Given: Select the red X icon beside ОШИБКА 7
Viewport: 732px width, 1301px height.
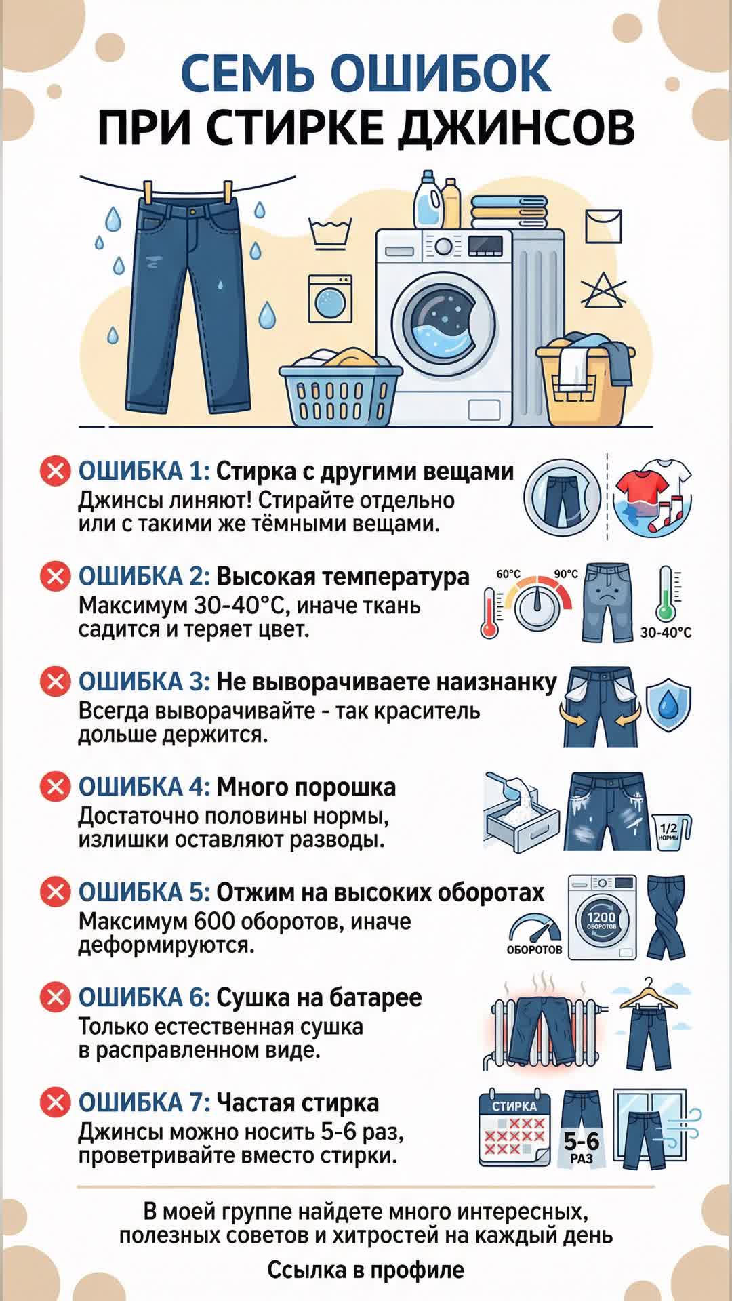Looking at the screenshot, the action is tap(56, 1102).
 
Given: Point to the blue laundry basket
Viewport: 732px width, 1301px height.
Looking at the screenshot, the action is tap(340, 393).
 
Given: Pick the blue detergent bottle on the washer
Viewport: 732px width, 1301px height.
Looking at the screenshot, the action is tap(428, 199).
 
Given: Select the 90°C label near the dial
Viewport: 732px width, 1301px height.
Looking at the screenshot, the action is tap(566, 574).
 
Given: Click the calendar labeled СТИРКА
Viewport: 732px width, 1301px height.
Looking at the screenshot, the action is tap(514, 1128).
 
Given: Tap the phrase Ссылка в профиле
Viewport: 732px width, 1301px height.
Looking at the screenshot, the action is tap(366, 1270).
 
